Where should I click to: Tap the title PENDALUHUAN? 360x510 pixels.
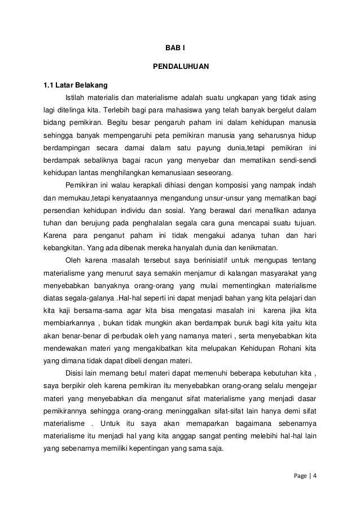click(x=181, y=67)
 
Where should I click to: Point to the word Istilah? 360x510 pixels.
click(x=78, y=98)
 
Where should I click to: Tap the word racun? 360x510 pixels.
click(x=150, y=160)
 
